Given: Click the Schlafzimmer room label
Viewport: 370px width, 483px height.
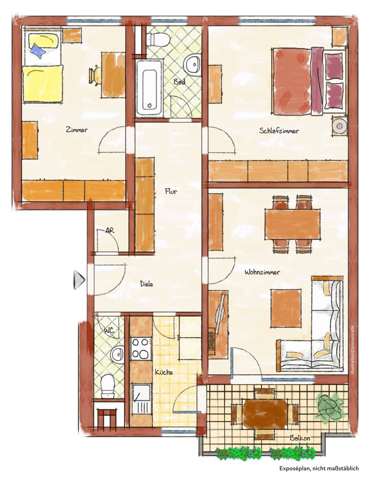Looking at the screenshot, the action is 279,131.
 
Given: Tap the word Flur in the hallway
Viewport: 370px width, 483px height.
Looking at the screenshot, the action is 171,191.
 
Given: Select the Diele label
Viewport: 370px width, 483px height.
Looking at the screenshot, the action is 147,284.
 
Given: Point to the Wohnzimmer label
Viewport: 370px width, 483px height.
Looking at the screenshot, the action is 262,272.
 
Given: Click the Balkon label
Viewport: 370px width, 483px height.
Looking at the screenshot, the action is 300,438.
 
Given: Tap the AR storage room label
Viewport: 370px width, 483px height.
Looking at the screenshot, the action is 109,230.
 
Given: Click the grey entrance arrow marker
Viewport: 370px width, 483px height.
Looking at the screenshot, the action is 79,280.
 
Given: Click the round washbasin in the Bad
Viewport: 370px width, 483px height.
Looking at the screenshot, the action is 193,65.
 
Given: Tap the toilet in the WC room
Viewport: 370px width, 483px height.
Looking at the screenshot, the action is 108,386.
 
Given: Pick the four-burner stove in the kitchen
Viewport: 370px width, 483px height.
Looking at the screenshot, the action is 141,349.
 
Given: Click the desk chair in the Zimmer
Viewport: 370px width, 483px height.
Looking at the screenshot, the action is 95,75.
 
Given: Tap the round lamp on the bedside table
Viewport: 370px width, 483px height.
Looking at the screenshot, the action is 339,126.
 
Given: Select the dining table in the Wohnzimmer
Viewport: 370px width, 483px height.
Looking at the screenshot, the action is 293,224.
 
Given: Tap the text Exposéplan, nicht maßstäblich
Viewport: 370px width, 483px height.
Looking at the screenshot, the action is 319,469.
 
